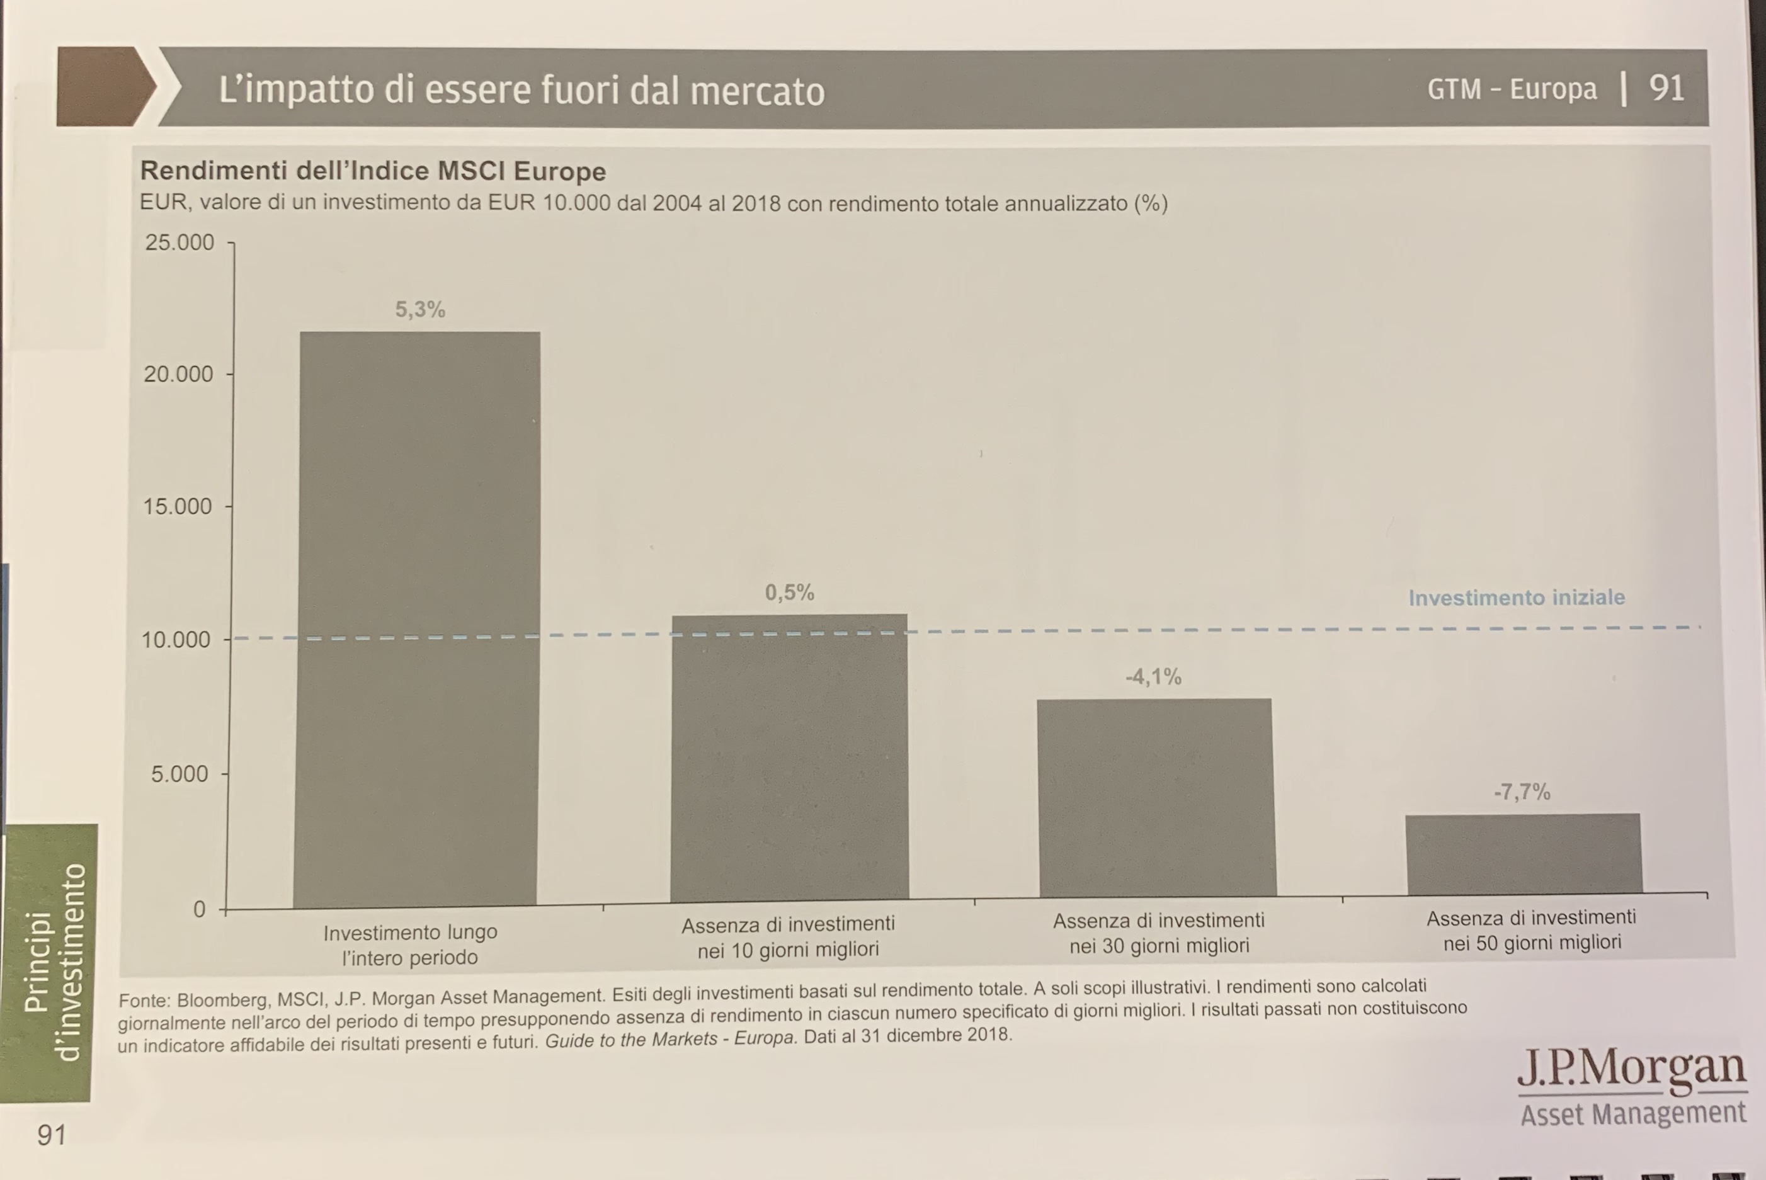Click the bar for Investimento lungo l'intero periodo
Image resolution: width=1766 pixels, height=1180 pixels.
pyautogui.click(x=418, y=617)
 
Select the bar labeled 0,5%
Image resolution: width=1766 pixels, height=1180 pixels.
pyautogui.click(x=789, y=756)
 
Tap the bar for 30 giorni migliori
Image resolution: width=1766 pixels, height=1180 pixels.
pyautogui.click(x=1156, y=798)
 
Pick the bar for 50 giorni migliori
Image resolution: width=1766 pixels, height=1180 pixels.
pyautogui.click(x=1523, y=854)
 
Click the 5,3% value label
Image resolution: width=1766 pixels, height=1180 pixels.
pyautogui.click(x=420, y=309)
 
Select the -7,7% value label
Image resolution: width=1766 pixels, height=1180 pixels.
pyautogui.click(x=1522, y=791)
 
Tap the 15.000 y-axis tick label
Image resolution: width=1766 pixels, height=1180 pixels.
pyautogui.click(x=178, y=506)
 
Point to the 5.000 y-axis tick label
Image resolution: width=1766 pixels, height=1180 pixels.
pyautogui.click(x=181, y=774)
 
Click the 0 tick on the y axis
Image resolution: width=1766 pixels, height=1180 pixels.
pyautogui.click(x=199, y=909)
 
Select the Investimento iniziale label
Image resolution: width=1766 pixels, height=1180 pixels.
pyautogui.click(x=1516, y=598)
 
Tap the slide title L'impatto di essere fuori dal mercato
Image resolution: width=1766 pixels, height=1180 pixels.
pyautogui.click(x=521, y=89)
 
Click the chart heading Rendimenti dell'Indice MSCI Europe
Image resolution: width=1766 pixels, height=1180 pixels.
pyautogui.click(x=373, y=171)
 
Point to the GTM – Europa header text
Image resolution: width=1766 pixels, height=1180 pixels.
pyautogui.click(x=1512, y=89)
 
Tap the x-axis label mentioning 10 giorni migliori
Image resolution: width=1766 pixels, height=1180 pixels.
pyautogui.click(x=787, y=936)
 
